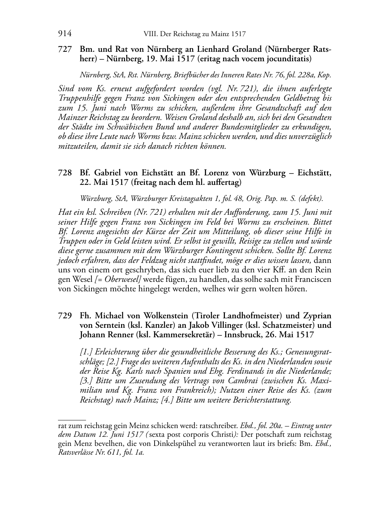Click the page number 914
tap(65, 34)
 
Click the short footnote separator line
tap(72, 420)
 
